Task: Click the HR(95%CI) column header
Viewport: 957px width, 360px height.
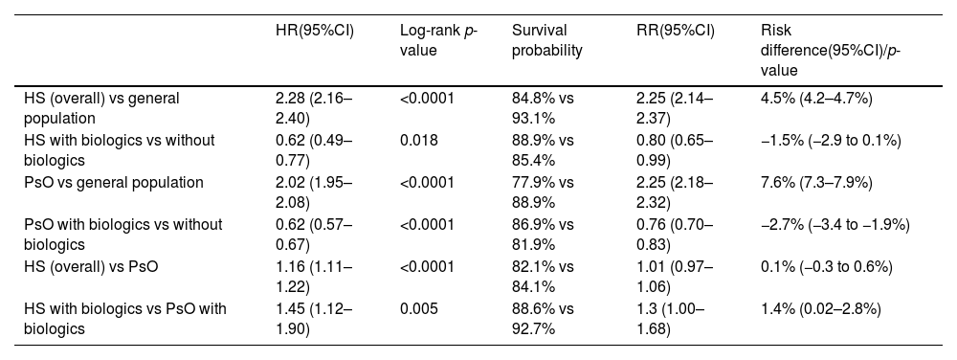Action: pos(314,31)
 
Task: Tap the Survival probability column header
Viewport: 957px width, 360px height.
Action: pos(546,40)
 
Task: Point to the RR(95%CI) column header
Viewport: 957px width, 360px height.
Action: pos(675,31)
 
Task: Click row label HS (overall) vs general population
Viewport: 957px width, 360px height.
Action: pos(102,108)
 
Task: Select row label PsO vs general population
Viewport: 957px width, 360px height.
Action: pos(114,182)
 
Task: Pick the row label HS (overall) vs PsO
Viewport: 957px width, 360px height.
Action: pos(91,266)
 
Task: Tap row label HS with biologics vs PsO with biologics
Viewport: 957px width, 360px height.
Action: pos(125,319)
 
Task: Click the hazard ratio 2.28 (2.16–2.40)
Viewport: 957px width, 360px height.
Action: pos(314,108)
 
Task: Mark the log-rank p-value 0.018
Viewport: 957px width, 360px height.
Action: pos(419,141)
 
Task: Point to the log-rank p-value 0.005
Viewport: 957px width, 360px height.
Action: pos(419,308)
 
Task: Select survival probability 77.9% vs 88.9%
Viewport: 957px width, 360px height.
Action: pos(543,192)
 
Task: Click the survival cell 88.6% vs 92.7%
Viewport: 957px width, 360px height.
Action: pos(543,319)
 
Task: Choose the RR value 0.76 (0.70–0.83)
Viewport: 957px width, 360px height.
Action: pos(675,235)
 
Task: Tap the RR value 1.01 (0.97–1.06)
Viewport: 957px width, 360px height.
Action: pos(675,277)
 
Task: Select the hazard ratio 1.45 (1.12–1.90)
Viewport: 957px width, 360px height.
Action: pos(314,319)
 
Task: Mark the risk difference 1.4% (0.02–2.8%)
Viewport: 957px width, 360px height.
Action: pos(820,308)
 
